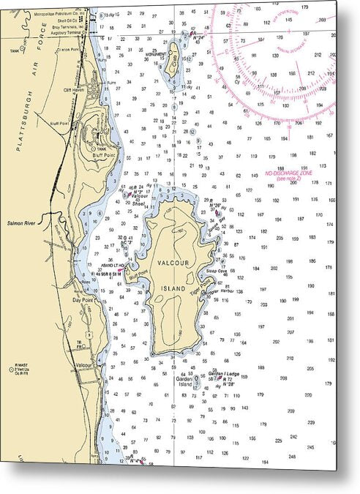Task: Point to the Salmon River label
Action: point(21,222)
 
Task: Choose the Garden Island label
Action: point(186,381)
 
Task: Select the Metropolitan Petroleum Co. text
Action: point(59,12)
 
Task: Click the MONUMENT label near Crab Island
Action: point(154,54)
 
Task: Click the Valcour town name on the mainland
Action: point(84,364)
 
